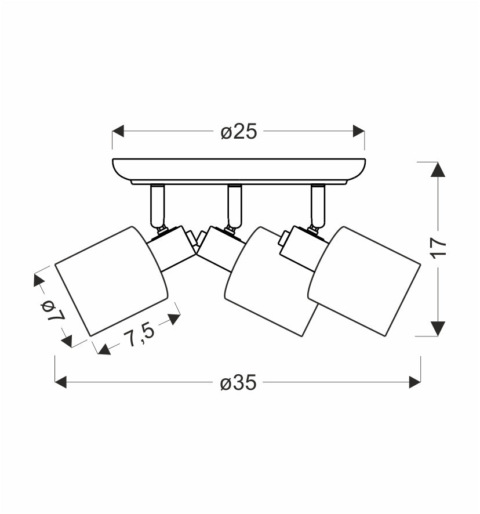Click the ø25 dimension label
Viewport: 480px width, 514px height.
(238, 132)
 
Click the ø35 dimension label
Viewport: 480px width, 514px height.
(238, 383)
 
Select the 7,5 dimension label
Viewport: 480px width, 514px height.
(139, 334)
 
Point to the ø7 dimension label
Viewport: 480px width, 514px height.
(52, 310)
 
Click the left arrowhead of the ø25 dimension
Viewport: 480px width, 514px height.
(118, 131)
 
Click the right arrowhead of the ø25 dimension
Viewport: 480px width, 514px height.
(359, 131)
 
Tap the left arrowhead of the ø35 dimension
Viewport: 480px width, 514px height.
(61, 382)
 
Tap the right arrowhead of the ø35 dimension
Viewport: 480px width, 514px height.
(415, 382)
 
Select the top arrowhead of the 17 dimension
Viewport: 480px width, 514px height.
(438, 169)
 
